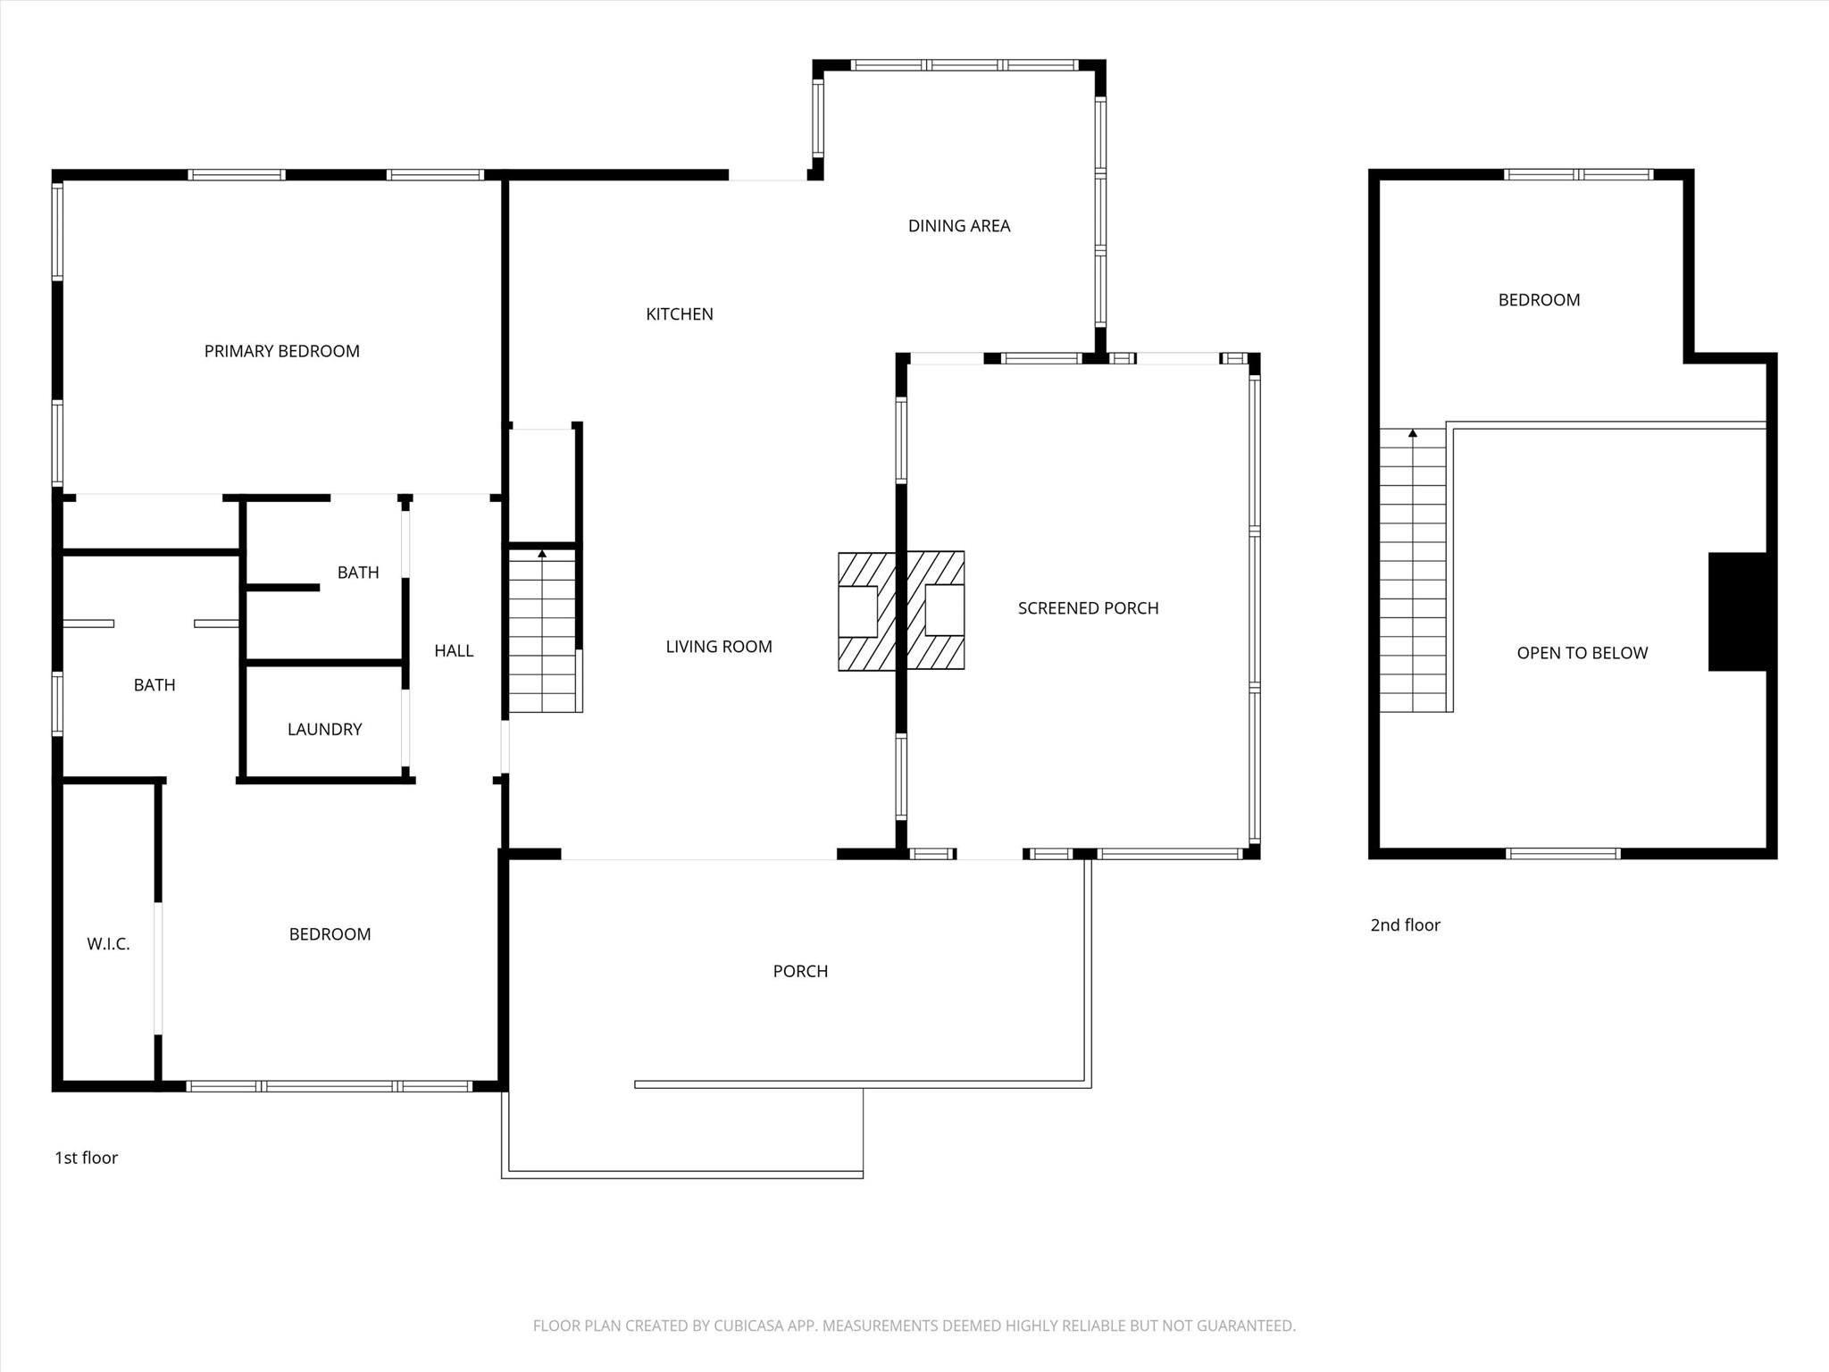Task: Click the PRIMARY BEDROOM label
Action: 281,351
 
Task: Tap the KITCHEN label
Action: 679,314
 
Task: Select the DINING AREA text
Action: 958,226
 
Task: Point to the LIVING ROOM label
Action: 718,647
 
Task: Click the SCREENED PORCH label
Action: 1088,608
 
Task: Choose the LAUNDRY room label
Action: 324,730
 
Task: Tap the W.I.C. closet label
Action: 108,944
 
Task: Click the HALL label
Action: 454,651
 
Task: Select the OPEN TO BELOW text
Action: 1582,653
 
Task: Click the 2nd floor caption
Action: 1405,925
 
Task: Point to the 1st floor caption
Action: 86,1158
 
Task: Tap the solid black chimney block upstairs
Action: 1737,612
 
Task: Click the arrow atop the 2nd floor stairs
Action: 1412,434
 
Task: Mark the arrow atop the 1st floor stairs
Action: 542,554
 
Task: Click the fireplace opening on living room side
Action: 857,611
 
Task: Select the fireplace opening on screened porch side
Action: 944,609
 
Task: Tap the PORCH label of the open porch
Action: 800,971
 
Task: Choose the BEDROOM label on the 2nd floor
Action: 1539,300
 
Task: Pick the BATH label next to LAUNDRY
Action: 357,573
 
